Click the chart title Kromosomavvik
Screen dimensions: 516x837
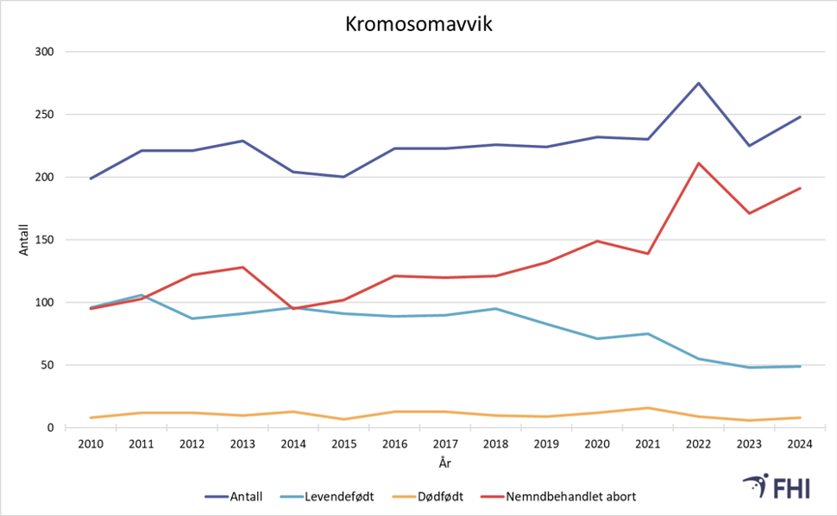(x=418, y=25)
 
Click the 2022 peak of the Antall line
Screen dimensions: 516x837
(x=699, y=84)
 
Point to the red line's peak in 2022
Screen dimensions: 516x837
(x=699, y=163)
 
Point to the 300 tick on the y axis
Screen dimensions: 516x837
(x=45, y=52)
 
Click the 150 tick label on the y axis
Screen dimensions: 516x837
(x=45, y=240)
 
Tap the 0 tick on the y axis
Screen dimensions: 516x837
(x=51, y=428)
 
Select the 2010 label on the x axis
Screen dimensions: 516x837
(x=91, y=444)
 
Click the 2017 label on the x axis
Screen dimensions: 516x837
(x=445, y=444)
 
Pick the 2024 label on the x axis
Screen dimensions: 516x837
(x=800, y=444)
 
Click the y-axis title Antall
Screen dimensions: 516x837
(x=25, y=240)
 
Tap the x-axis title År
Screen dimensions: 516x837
(x=445, y=463)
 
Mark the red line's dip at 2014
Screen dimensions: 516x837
(x=294, y=308)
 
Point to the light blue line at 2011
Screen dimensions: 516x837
(x=142, y=295)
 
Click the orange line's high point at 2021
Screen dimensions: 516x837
(x=648, y=408)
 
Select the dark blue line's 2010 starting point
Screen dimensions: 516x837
(x=91, y=179)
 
